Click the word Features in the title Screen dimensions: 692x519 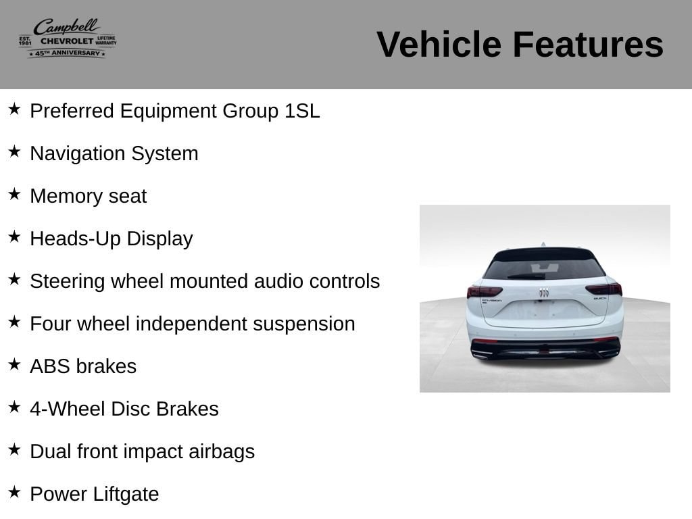coord(588,44)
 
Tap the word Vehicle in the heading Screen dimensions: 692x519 coord(439,44)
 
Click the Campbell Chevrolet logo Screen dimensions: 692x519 coord(68,38)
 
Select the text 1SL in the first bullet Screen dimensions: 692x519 coord(302,111)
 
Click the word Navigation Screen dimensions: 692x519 coord(78,154)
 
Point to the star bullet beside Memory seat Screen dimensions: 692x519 coord(14,194)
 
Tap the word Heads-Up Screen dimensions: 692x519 coord(76,239)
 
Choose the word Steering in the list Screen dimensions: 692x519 coord(68,282)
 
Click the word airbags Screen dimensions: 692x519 coord(222,452)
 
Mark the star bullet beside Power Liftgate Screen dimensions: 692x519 coord(14,492)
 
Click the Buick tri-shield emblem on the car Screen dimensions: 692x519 coord(544,293)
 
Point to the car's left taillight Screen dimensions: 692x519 coord(485,291)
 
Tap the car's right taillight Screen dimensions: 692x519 coord(603,289)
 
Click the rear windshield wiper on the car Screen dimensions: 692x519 coord(526,276)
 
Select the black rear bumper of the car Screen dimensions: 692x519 coord(545,348)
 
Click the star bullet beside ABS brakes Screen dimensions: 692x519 coord(14,364)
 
